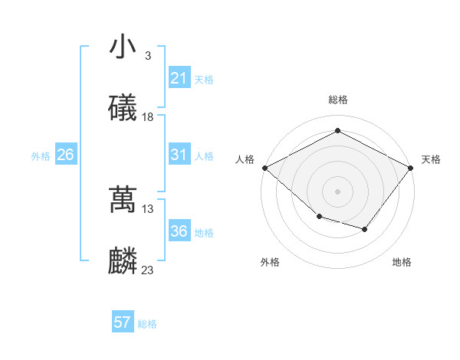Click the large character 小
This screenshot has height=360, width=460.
point(123,47)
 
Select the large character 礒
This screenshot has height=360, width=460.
point(123,109)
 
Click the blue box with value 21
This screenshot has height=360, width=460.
point(179,78)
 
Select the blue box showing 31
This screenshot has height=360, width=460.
point(179,155)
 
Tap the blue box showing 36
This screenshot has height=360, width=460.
point(179,231)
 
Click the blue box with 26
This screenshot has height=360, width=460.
point(65,155)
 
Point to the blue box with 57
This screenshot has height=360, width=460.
point(123,322)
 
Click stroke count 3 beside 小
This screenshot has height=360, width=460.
point(147,56)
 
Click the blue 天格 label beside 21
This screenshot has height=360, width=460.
point(204,80)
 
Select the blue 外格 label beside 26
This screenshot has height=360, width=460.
point(41,156)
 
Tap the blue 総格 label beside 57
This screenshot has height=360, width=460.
point(147,324)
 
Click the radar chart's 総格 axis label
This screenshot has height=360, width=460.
point(338,100)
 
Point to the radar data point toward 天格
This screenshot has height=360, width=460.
point(412,168)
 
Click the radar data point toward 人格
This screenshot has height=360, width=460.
point(264,168)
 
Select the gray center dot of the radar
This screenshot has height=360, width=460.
point(338,191)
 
